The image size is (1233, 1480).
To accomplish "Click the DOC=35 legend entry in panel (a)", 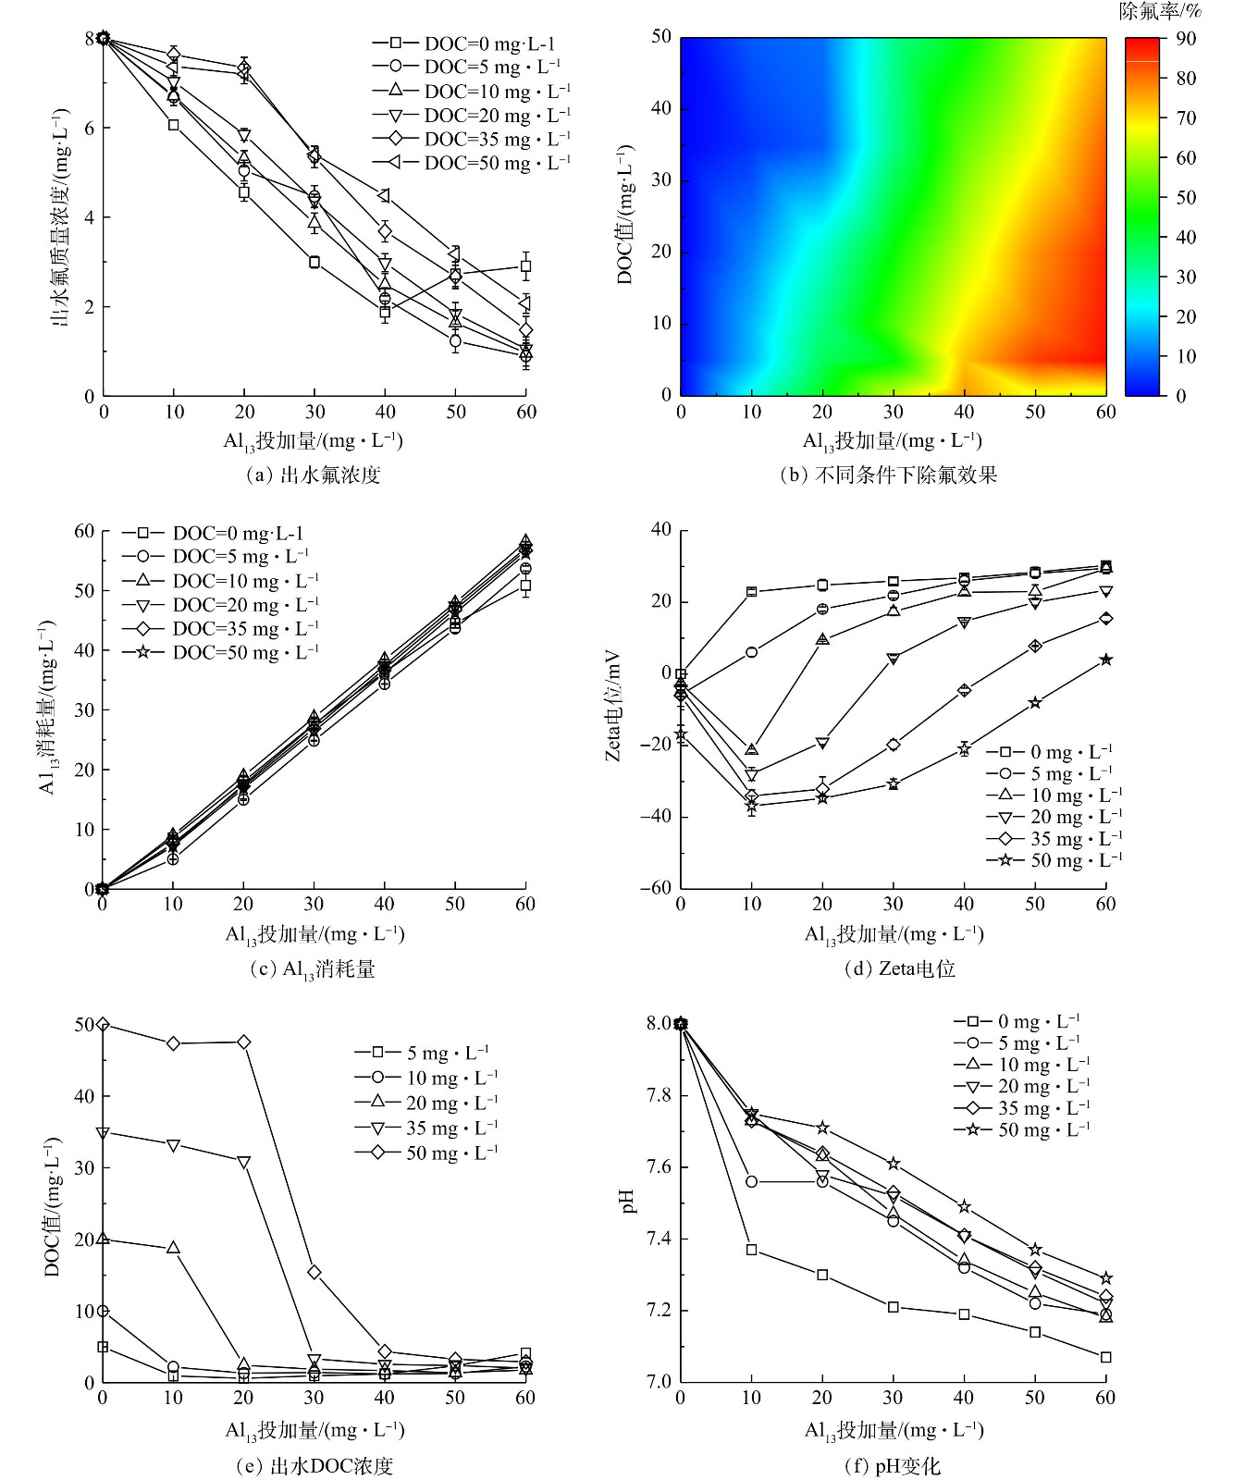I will [472, 139].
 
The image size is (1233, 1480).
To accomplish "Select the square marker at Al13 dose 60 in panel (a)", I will [525, 266].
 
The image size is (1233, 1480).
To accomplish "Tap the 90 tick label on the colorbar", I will [1186, 39].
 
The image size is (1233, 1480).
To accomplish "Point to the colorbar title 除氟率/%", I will [1160, 11].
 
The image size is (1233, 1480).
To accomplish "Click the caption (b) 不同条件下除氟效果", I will [888, 475].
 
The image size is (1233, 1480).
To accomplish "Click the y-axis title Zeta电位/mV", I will [613, 708].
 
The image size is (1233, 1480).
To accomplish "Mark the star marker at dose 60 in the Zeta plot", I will [1105, 660].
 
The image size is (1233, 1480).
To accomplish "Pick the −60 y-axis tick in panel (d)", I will [655, 888].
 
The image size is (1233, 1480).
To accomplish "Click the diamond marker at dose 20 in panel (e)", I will [243, 1042].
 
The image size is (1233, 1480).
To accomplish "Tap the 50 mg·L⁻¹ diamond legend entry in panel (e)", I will [426, 1153].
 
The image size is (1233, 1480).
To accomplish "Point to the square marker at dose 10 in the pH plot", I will [751, 1250].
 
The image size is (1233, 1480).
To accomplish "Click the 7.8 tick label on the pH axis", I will [659, 1095].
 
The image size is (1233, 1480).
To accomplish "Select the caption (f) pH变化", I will [892, 1466].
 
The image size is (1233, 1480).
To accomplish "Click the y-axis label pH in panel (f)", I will [629, 1202].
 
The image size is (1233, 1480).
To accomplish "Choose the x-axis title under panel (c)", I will [314, 934].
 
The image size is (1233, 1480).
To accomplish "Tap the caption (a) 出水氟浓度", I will [314, 475].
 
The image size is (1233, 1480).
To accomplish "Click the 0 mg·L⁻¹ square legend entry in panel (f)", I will [1017, 1022].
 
